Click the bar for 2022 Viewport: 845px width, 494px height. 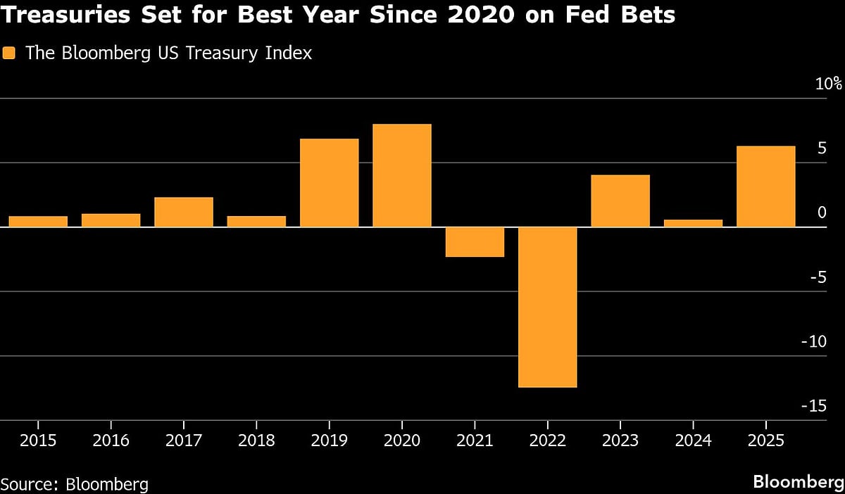pyautogui.click(x=547, y=307)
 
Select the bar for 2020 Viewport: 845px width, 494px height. pyautogui.click(x=401, y=175)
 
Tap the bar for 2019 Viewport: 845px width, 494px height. pyautogui.click(x=329, y=183)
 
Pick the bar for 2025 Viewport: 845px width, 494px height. pyautogui.click(x=765, y=186)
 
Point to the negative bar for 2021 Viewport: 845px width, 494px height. pyautogui.click(x=475, y=242)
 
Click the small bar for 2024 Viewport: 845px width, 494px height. pyautogui.click(x=693, y=223)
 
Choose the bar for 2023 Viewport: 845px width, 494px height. pyautogui.click(x=620, y=201)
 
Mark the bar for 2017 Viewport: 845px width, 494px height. pyautogui.click(x=183, y=212)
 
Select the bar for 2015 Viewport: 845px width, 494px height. pyautogui.click(x=38, y=221)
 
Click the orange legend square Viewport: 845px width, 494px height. pyautogui.click(x=9, y=53)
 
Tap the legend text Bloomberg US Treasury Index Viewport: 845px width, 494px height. pyautogui.click(x=168, y=53)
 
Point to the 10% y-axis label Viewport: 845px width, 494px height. pyautogui.click(x=828, y=84)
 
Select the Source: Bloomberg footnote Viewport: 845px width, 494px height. pyautogui.click(x=75, y=483)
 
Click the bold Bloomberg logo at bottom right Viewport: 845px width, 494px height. pyautogui.click(x=797, y=482)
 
